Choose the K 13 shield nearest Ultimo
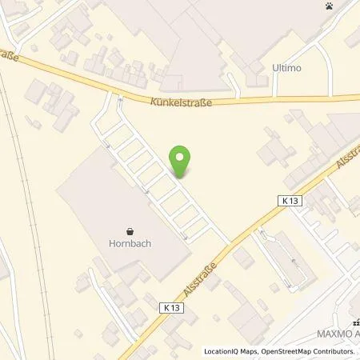point(290,202)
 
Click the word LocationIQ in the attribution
point(222,351)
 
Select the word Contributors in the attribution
point(337,351)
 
